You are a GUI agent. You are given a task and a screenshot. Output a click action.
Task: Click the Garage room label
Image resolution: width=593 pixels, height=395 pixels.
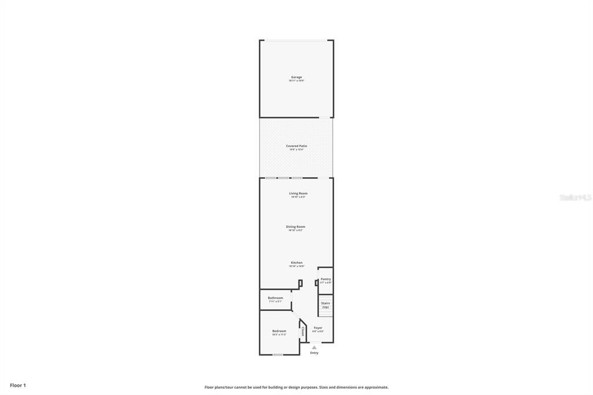tap(296, 77)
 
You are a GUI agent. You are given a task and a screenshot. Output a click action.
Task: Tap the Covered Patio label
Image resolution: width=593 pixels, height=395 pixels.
tap(296, 146)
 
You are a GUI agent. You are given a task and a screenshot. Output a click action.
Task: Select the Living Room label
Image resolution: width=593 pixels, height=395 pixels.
tap(298, 193)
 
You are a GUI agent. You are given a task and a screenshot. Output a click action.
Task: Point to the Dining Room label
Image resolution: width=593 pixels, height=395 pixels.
tap(295, 226)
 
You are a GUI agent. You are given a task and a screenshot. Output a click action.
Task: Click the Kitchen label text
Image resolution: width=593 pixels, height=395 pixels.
tap(296, 262)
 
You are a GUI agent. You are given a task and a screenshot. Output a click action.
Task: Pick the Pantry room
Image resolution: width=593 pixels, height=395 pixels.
tap(325, 279)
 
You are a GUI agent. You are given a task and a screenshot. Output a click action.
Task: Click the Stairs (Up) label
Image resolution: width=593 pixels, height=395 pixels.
tap(325, 305)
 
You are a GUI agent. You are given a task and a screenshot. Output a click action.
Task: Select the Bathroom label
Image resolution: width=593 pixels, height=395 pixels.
tap(276, 298)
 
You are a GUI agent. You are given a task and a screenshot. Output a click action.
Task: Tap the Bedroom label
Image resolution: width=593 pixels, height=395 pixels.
tap(279, 331)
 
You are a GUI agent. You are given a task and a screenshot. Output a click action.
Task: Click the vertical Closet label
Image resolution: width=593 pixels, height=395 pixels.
tap(303, 331)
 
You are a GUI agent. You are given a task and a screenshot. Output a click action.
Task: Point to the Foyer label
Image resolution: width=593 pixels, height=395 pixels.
tap(318, 327)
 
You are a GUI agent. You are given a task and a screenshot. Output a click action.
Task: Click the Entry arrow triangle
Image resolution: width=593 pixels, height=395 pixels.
tap(314, 348)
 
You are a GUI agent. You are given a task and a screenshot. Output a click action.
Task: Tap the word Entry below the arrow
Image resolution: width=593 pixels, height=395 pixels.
tap(314, 353)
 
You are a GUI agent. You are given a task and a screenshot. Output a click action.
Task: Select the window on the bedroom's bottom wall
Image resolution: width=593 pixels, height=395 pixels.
tap(278, 354)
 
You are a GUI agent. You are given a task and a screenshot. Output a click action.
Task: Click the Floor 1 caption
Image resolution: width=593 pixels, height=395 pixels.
tap(18, 385)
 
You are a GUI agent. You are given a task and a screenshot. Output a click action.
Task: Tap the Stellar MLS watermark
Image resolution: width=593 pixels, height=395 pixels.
tap(575, 197)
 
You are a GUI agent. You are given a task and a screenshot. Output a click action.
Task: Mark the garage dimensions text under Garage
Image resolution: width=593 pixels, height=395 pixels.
tap(296, 81)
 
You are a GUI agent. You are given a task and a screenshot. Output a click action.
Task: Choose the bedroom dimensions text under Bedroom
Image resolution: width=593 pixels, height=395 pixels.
tap(279, 335)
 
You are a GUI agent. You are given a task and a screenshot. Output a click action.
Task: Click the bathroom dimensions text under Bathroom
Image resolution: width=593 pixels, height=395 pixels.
tap(276, 302)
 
